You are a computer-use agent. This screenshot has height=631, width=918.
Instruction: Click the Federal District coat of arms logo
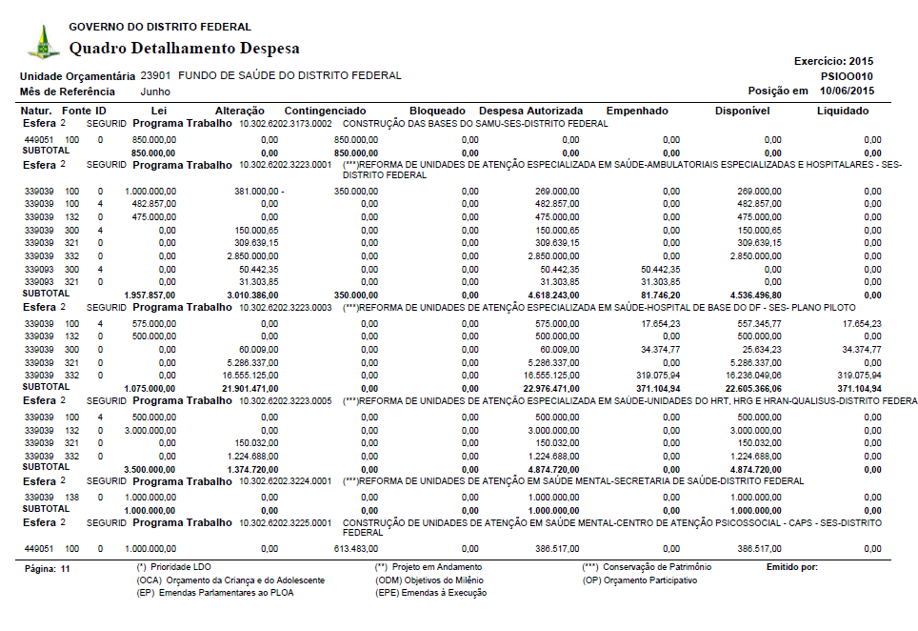pos(42,42)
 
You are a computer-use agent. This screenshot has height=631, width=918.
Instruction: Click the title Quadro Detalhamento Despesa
pos(185,49)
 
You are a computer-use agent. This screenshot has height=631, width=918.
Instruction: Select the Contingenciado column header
pos(325,112)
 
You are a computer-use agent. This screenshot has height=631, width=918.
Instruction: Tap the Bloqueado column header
pos(437,112)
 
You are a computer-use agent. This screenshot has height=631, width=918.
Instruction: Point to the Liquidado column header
pos(843,112)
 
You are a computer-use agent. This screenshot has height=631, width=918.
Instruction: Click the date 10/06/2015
pos(847,92)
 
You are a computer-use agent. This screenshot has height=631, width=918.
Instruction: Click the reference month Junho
pos(155,92)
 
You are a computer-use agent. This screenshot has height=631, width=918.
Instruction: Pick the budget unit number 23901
pos(155,75)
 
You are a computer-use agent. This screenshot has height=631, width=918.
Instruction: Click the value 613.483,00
pos(355,549)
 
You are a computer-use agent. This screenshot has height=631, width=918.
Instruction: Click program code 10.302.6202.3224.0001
pos(286,482)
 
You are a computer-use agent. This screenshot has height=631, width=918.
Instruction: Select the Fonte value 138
pos(72,498)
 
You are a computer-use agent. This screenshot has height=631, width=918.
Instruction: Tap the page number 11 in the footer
pos(65,568)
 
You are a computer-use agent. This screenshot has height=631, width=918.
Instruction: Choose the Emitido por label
pos(791,567)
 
